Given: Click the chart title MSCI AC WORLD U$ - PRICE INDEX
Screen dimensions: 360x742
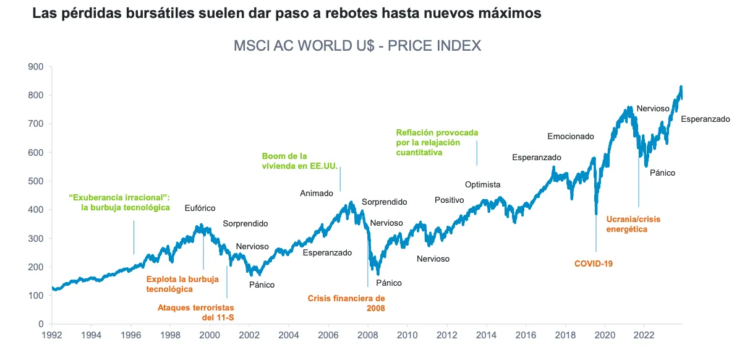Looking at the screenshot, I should [357, 46].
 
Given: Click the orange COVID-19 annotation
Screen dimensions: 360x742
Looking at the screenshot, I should [593, 264].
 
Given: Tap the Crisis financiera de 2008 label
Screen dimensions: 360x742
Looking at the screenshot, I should [346, 302].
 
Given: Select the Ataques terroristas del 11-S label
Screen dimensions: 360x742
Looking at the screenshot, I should [196, 312].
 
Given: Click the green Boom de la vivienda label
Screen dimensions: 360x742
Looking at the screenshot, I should [291, 161].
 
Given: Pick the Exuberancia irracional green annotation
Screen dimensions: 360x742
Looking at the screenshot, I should [119, 202].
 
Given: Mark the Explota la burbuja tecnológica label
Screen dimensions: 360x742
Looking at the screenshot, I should [182, 284].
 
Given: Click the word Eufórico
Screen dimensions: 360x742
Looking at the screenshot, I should [200, 208].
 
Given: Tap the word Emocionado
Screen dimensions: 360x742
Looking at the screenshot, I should [570, 136].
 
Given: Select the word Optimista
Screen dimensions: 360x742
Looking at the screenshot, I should [482, 184].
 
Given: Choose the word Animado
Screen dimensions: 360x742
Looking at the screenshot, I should [317, 193].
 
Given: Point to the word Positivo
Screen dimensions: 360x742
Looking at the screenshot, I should [449, 200].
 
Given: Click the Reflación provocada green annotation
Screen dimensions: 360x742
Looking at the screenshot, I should [437, 142].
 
